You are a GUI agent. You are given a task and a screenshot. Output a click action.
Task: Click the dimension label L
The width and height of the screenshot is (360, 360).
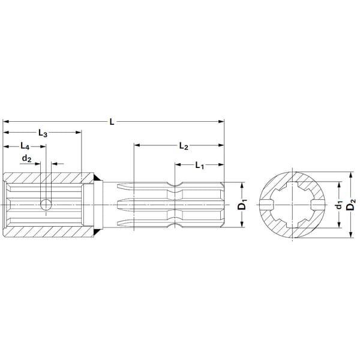click(x=112, y=122)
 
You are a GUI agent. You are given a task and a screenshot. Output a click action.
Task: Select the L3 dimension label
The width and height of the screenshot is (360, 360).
click(x=43, y=133)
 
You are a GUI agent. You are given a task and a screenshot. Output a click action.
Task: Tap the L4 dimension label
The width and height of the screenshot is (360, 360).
click(x=25, y=146)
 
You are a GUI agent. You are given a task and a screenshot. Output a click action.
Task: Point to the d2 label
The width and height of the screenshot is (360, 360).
click(x=26, y=158)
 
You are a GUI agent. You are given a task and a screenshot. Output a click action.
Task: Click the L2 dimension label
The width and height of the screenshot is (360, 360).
click(x=184, y=146)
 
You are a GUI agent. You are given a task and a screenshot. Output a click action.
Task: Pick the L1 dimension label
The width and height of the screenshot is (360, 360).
click(x=200, y=166)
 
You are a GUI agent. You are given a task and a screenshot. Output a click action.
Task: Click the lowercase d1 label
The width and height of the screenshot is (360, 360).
click(x=340, y=205)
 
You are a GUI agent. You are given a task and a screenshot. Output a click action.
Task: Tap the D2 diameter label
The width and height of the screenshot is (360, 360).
click(x=350, y=204)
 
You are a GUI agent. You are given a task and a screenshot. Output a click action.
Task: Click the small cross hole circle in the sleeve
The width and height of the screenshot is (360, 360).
click(x=46, y=205)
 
